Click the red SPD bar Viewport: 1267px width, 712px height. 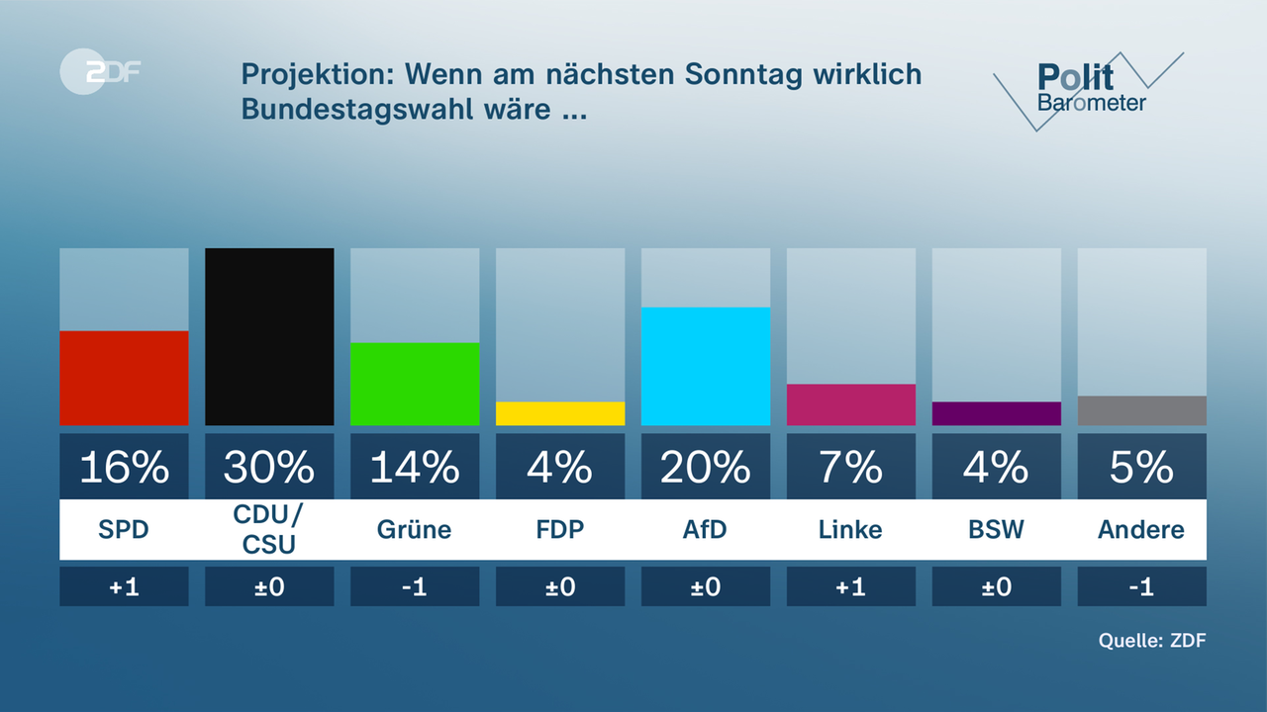(x=124, y=378)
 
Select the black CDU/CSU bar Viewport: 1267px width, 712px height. (x=269, y=336)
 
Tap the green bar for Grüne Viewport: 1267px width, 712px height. (x=415, y=384)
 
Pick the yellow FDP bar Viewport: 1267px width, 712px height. (x=560, y=413)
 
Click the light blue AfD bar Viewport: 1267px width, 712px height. (x=706, y=366)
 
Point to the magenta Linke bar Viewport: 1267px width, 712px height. (x=851, y=404)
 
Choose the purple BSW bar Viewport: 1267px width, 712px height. (x=997, y=413)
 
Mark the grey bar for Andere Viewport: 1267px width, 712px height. (x=1142, y=410)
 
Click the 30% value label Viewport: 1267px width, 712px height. (x=269, y=467)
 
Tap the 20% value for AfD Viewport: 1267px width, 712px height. (x=706, y=467)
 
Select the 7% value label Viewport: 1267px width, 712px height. (x=851, y=467)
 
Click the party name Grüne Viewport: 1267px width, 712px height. (x=415, y=530)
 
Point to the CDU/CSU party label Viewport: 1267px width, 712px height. (x=269, y=530)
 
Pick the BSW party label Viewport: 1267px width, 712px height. (x=997, y=530)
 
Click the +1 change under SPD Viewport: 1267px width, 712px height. (x=124, y=586)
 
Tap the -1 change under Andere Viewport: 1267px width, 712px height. (x=1142, y=586)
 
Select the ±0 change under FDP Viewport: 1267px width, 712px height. (x=560, y=586)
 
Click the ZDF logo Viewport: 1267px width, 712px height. (x=100, y=71)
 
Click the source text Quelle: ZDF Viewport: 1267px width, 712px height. (x=1152, y=640)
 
